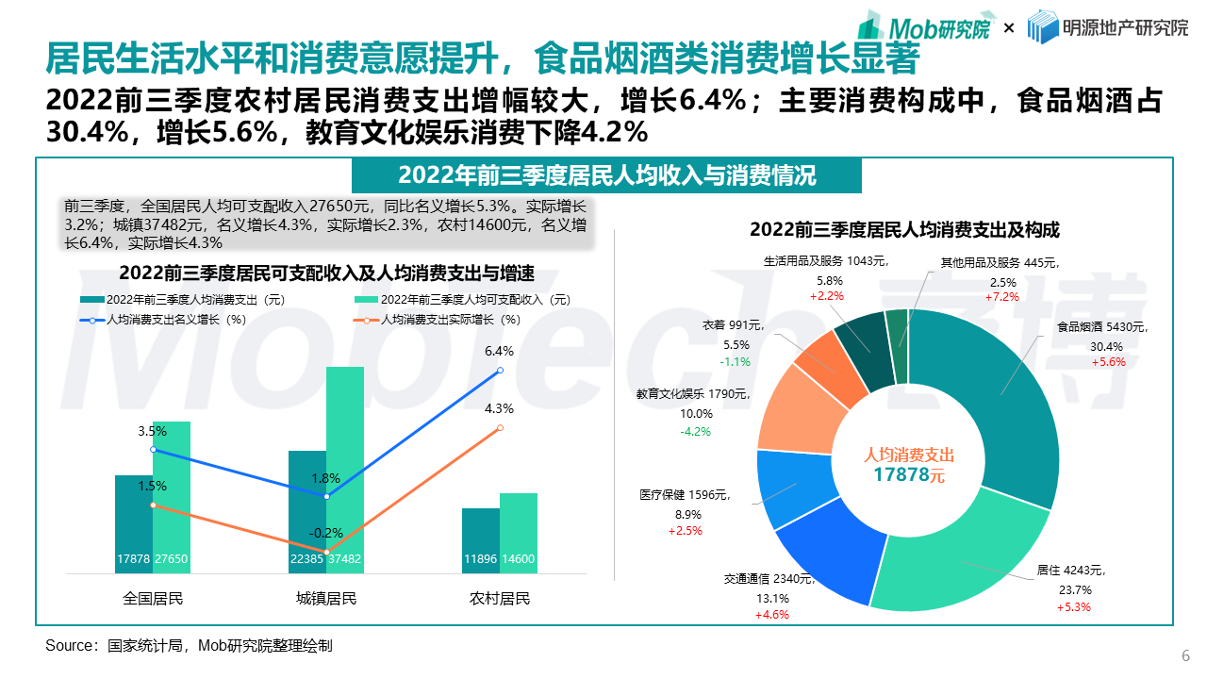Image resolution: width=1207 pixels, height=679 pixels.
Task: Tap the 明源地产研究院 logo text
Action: (1108, 27)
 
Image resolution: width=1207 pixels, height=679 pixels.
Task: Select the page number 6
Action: (1185, 656)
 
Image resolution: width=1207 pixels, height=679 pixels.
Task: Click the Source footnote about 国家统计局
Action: (189, 646)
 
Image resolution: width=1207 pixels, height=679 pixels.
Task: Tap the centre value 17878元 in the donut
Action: (908, 474)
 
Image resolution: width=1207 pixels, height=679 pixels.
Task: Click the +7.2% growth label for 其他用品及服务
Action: (1002, 297)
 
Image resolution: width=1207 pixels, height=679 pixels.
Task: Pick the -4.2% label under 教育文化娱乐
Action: (695, 431)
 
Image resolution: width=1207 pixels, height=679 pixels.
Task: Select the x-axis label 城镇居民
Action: (326, 598)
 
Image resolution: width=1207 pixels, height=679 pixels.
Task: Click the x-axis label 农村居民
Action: (500, 598)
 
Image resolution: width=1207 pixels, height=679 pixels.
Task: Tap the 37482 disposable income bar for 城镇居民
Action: (344, 472)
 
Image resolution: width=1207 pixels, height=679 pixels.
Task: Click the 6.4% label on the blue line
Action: (499, 351)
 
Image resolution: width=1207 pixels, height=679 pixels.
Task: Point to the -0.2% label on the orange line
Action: (326, 533)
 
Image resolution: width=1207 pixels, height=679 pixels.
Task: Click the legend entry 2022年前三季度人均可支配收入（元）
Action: (462, 300)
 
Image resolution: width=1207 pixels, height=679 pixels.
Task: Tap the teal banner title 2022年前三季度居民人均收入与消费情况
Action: (606, 175)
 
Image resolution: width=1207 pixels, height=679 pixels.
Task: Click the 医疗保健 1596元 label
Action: (684, 494)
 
